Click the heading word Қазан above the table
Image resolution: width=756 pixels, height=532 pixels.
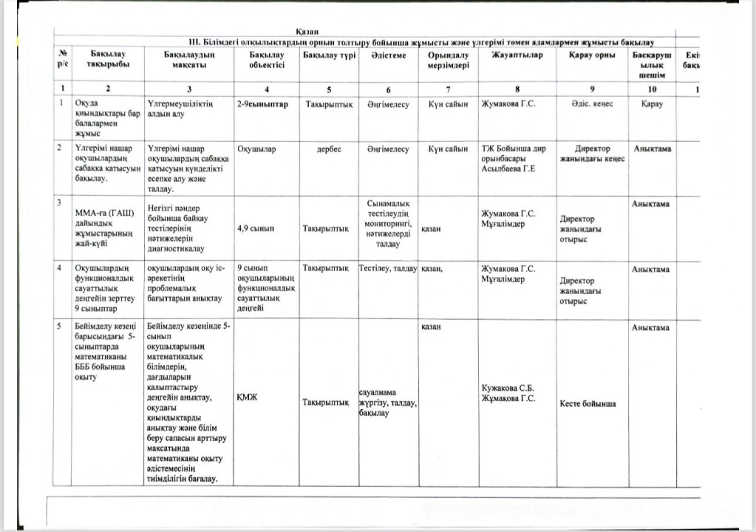pyautogui.click(x=307, y=30)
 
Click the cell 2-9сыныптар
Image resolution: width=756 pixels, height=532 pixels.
pyautogui.click(x=262, y=104)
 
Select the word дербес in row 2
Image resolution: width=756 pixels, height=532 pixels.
pyautogui.click(x=329, y=149)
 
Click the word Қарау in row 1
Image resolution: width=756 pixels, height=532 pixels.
pyautogui.click(x=652, y=104)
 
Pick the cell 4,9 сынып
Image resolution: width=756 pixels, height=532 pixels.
pyautogui.click(x=253, y=229)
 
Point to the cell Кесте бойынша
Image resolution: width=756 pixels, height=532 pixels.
pyautogui.click(x=588, y=403)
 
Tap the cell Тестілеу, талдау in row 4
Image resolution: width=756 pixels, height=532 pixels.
pyautogui.click(x=388, y=269)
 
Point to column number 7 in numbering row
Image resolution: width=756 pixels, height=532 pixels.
pyautogui.click(x=448, y=89)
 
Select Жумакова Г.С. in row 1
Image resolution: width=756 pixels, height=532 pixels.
pyautogui.click(x=508, y=104)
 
